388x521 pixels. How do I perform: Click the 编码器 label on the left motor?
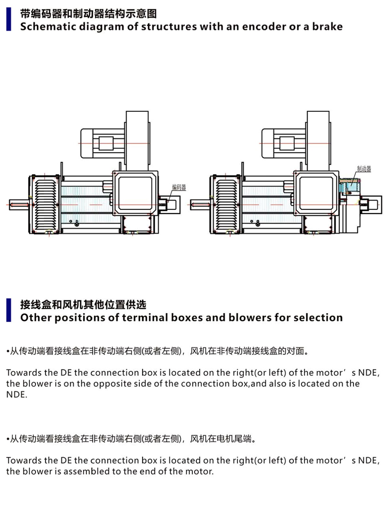179,187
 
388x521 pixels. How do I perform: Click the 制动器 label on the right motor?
364,169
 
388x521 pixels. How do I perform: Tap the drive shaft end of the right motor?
200,204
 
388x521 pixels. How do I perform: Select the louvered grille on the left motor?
46,204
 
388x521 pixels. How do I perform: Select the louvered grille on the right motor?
227,204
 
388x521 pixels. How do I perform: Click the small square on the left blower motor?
106,143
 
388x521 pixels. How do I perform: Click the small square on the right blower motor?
287,143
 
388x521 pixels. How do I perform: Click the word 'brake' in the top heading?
327,26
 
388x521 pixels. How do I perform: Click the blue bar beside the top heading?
9,19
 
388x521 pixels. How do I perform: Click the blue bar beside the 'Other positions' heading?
9,310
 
